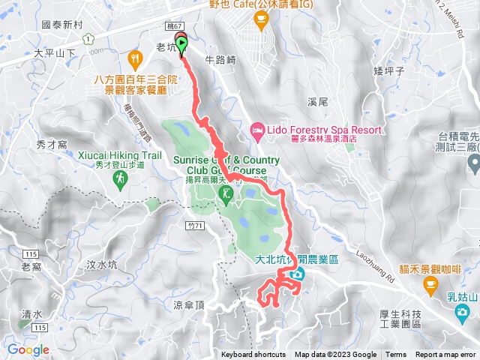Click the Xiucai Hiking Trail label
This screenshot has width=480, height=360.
[x=120, y=155]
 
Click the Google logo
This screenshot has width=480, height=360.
[x=28, y=349]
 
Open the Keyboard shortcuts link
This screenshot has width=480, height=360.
[x=253, y=355]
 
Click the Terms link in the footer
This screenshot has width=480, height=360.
[x=396, y=355]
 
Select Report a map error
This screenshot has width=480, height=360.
[x=446, y=355]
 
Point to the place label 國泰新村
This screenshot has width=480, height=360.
[x=62, y=25]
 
